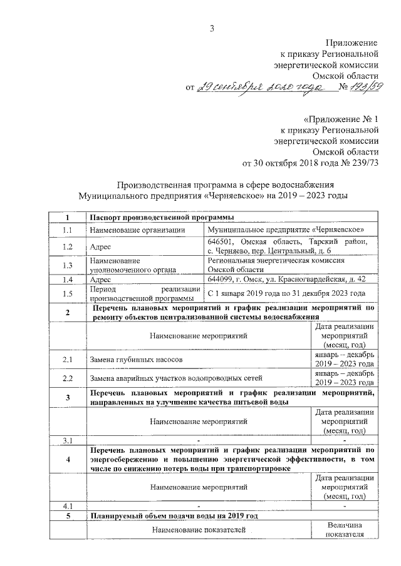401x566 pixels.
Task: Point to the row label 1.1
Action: [x=68, y=230]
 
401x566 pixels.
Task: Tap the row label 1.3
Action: [x=68, y=265]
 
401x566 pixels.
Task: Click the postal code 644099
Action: [x=220, y=278]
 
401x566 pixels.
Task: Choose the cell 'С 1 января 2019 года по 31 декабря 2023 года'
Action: [x=286, y=293]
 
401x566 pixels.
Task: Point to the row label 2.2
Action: [x=68, y=378]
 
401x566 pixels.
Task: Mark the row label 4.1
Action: [x=68, y=505]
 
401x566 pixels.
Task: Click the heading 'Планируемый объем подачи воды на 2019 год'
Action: [x=172, y=516]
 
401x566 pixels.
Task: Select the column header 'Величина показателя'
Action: [x=345, y=530]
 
